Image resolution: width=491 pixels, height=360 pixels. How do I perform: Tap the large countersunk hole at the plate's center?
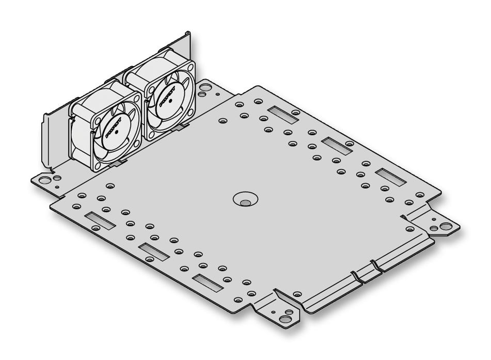coord(245,198)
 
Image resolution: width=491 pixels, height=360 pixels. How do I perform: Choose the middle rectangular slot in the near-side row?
coord(153,253)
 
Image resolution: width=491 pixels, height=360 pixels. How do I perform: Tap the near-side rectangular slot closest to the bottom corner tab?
coord(207,283)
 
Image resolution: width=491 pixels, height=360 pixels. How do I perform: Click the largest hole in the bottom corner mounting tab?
coord(288,314)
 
